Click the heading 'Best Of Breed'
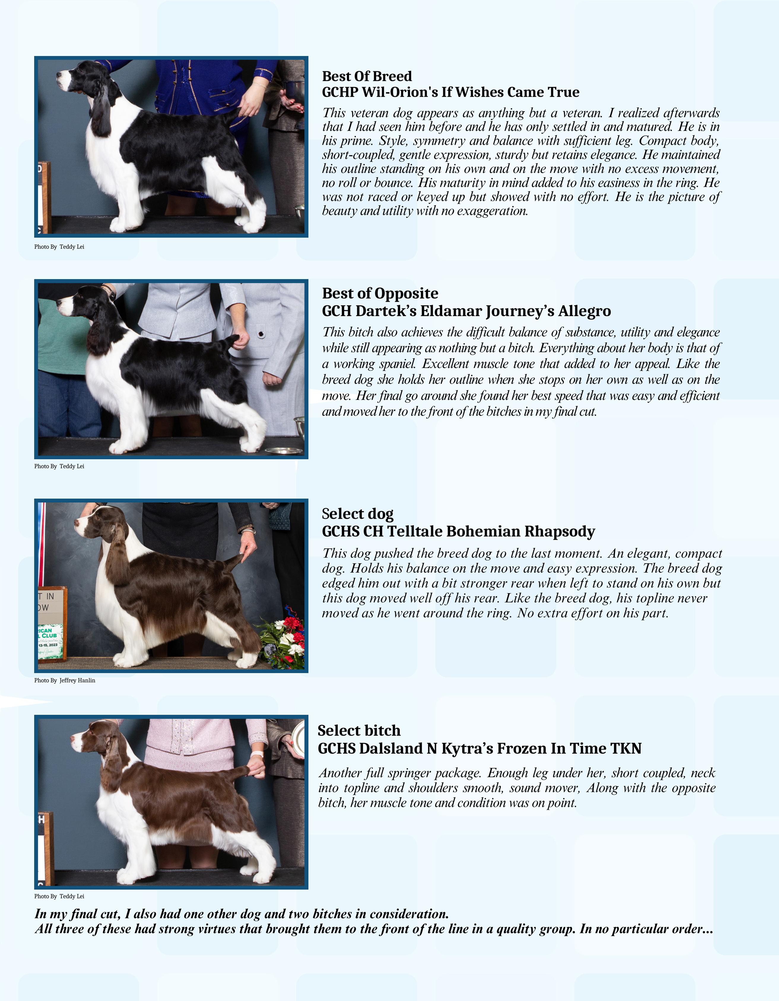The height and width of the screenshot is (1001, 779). click(367, 76)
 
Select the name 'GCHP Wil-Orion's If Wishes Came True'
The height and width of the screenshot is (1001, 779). click(451, 92)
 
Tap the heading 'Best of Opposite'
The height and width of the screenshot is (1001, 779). click(380, 293)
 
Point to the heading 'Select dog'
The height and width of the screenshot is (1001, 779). click(358, 514)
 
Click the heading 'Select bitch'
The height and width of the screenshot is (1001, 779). click(359, 731)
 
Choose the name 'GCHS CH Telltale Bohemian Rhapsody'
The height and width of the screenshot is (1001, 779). click(458, 532)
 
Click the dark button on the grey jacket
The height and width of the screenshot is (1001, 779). click(261, 334)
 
